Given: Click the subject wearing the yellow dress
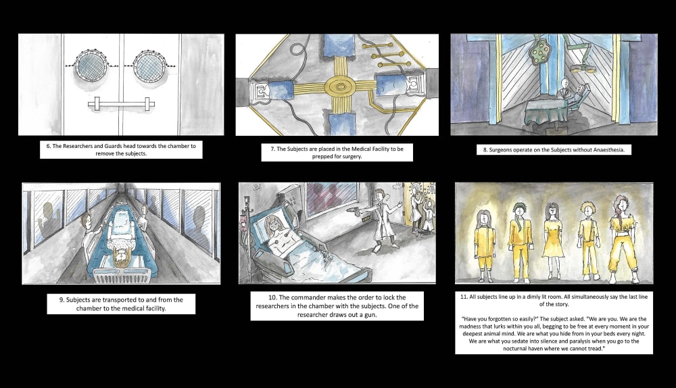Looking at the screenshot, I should point(552,240).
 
